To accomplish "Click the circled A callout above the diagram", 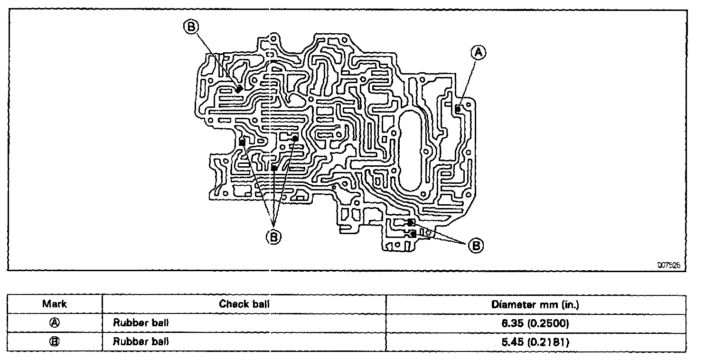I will [x=478, y=52].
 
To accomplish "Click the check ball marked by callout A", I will [x=458, y=109].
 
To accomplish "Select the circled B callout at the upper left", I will [x=190, y=27].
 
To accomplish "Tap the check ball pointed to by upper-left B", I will [x=240, y=88].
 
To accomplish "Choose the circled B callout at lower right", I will [x=476, y=245].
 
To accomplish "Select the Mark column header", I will [x=55, y=304].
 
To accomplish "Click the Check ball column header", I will [x=244, y=304].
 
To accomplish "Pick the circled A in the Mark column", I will [x=55, y=323].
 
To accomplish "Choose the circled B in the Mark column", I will [x=55, y=341].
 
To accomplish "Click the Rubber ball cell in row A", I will [x=141, y=323].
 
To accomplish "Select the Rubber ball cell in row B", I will [x=141, y=341].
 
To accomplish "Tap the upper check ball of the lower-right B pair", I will [x=411, y=222].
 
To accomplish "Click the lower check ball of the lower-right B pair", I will [x=413, y=234].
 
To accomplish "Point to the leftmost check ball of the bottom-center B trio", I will [x=242, y=142].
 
